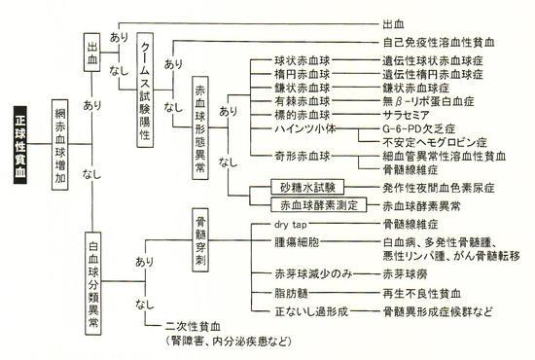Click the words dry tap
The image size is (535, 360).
pos(292,223)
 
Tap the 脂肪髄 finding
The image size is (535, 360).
pos(292,292)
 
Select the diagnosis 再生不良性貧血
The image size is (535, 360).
pos(421,292)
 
